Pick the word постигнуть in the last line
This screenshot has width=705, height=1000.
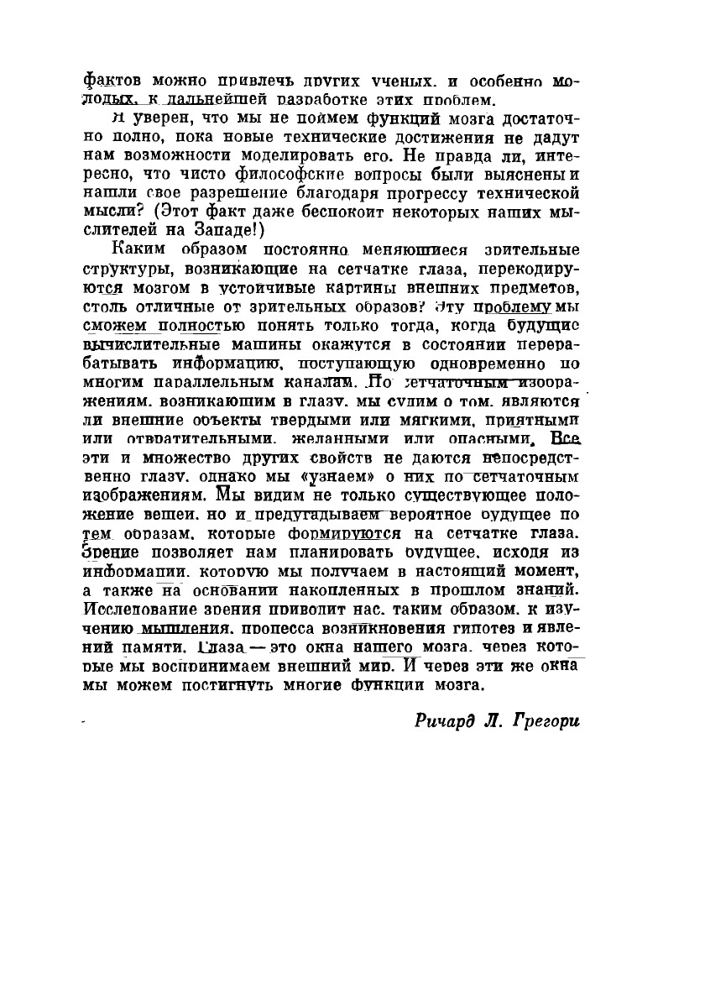point(223,683)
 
